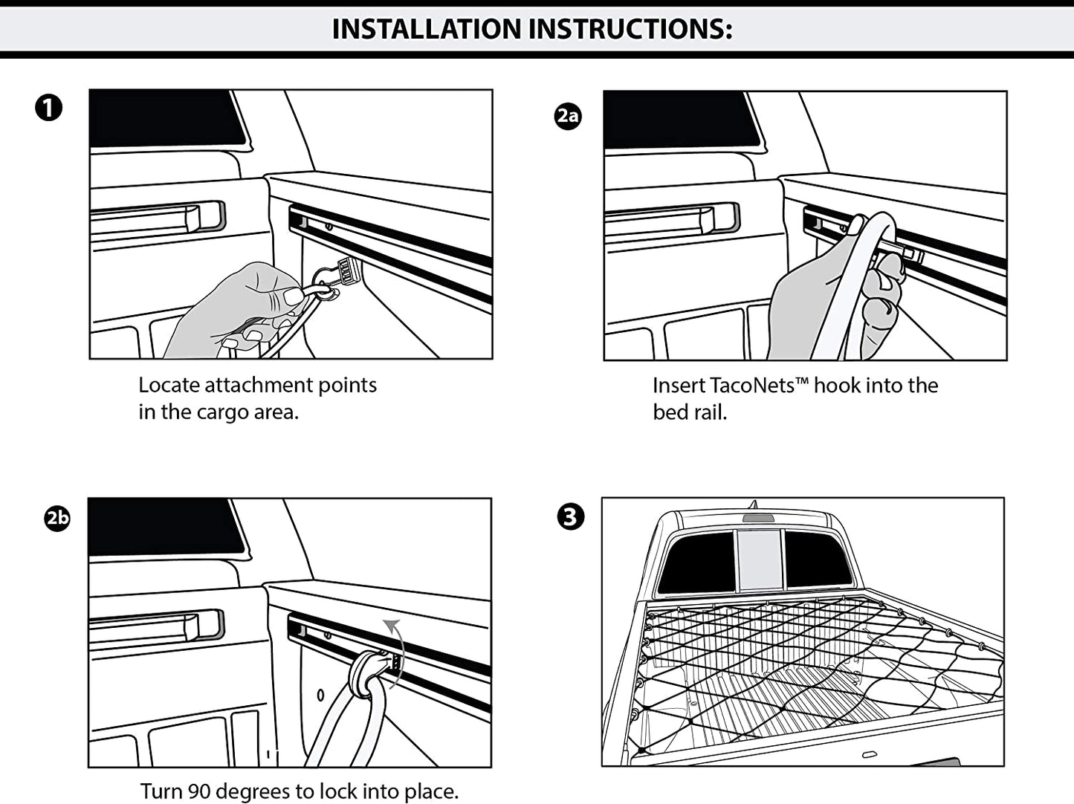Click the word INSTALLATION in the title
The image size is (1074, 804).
tap(427, 29)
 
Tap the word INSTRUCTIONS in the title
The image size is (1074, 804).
tap(630, 29)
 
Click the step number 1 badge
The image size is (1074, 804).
tap(49, 108)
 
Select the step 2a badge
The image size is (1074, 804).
tap(568, 115)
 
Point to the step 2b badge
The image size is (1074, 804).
tap(57, 517)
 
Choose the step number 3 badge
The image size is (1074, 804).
tap(570, 516)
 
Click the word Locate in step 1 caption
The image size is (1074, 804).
tap(168, 385)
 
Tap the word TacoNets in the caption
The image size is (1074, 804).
tap(752, 385)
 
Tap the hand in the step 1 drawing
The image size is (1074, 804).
tap(238, 308)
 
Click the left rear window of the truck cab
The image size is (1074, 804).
tap(697, 562)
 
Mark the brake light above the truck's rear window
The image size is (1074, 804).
tap(758, 518)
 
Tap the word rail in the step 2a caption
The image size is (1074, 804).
tap(710, 412)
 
